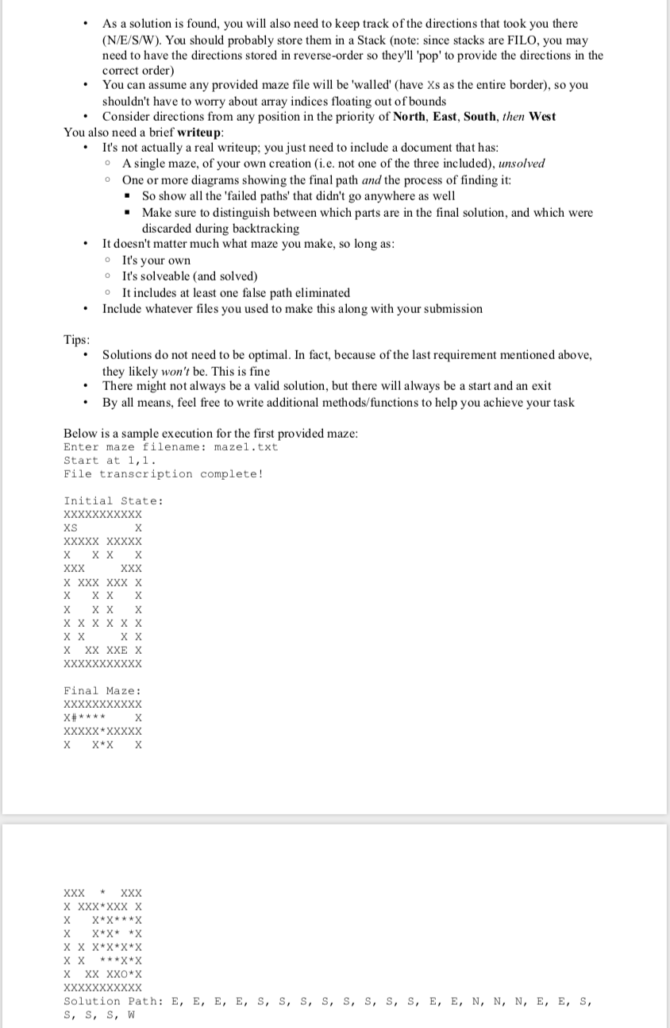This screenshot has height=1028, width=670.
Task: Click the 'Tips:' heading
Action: click(76, 340)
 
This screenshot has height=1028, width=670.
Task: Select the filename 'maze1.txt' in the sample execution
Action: click(246, 447)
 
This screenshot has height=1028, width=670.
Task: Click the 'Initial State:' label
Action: click(114, 500)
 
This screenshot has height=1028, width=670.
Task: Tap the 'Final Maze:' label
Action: click(102, 691)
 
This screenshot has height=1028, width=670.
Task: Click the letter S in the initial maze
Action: click(74, 528)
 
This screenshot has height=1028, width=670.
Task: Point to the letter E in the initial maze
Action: click(125, 650)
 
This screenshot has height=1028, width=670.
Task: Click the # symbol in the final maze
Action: click(74, 718)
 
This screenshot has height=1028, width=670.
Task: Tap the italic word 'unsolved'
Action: click(521, 164)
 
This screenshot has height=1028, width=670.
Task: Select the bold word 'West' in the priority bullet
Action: click(541, 117)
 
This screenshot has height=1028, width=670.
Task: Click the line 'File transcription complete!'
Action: click(163, 474)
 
